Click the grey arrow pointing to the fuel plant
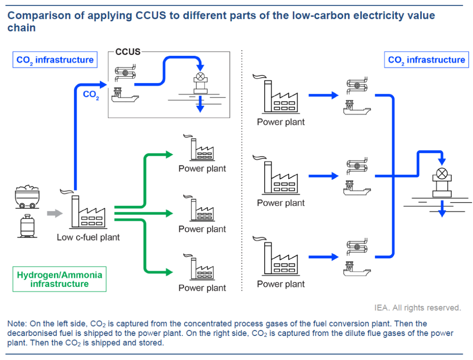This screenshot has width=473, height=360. tap(55, 214)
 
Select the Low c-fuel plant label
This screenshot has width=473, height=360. tap(88, 238)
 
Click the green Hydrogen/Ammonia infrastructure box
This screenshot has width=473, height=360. tap(60, 279)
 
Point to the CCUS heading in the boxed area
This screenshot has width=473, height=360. tap(128, 52)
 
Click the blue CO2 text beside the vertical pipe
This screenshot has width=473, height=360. tap(91, 95)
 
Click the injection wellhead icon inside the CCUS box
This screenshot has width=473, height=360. tap(200, 83)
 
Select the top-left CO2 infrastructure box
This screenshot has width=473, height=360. tap(55, 60)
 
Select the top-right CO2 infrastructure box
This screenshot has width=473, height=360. tap(426, 60)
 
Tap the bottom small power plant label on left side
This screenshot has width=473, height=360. tap(202, 288)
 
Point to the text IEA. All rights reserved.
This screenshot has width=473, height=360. tap(418, 307)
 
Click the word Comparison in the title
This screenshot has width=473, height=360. tap(37, 15)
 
